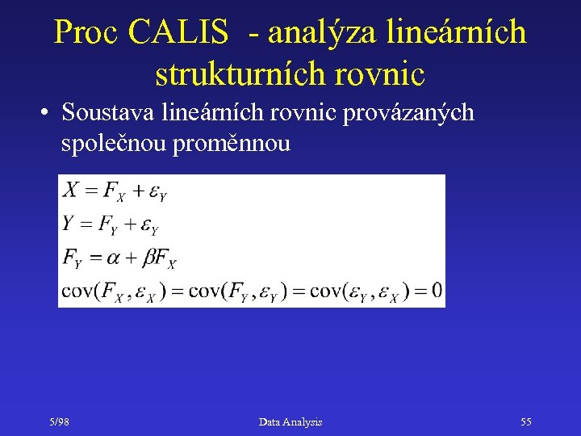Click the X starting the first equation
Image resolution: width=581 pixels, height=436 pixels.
[x=71, y=190]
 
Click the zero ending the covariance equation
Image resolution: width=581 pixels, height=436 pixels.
[x=437, y=291]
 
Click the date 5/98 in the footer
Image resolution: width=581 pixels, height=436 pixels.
[x=58, y=422]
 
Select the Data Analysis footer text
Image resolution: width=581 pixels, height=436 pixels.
[x=290, y=422]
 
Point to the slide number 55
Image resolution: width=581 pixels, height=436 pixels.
[x=526, y=422]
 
